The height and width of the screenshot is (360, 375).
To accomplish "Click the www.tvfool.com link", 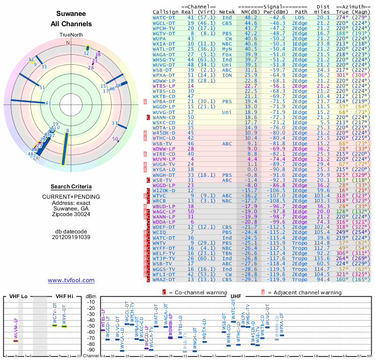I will click(71, 280).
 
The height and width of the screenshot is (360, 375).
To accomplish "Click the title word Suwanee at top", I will click(71, 14).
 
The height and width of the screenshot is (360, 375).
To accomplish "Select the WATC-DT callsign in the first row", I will click(164, 17).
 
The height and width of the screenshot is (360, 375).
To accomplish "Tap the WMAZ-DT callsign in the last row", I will click(164, 279).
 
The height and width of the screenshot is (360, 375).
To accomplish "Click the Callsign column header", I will click(166, 12).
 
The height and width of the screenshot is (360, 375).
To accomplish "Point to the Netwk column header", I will click(227, 12).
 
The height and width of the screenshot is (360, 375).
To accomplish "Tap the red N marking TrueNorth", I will click(68, 43).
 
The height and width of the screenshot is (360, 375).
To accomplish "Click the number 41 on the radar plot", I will click(48, 103).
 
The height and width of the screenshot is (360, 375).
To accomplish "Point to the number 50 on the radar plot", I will click(115, 139).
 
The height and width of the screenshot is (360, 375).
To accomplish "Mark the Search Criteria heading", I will click(71, 187).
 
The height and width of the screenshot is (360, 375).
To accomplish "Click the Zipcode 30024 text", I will click(71, 214).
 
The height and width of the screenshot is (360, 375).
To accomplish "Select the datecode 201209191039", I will click(71, 237).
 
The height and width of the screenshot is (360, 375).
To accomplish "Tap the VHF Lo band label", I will click(18, 296).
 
